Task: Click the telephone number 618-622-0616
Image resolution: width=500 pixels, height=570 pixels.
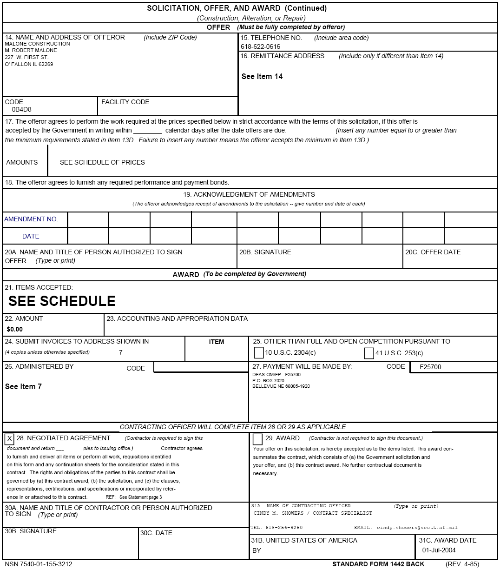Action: [x=260, y=46]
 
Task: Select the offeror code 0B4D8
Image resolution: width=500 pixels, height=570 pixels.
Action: [x=21, y=110]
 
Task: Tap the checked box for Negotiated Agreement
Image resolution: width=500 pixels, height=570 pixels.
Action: [x=9, y=439]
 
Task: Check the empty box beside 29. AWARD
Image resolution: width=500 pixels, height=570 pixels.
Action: [x=257, y=439]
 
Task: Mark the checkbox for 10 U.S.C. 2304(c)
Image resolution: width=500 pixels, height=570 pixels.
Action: [x=259, y=353]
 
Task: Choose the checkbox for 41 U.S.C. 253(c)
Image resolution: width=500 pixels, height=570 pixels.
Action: [x=369, y=353]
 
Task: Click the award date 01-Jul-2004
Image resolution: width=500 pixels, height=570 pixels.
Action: [x=439, y=550]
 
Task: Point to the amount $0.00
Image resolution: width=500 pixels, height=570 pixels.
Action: [x=15, y=329]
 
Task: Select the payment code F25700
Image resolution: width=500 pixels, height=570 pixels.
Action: [x=430, y=367]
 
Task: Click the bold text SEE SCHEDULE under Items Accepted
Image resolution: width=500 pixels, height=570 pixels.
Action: [x=62, y=301]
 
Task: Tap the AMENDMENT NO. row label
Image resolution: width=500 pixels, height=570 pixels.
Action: [x=31, y=219]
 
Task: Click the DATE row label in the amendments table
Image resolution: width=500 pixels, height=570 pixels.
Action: [x=31, y=236]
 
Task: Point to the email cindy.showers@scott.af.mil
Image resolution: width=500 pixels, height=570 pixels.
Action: [x=417, y=528]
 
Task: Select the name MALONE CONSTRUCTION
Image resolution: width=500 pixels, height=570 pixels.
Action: [x=37, y=44]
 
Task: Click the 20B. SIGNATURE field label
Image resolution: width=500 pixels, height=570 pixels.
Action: [x=265, y=252]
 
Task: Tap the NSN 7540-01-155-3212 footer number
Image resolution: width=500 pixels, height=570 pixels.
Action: [x=39, y=564]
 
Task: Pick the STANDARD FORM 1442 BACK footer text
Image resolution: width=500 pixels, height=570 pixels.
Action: [x=378, y=564]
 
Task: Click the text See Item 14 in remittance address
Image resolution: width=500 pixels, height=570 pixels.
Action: [x=262, y=76]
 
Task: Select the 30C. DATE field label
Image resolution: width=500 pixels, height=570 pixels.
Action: [x=156, y=533]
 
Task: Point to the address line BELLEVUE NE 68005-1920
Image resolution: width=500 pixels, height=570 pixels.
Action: [x=281, y=386]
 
